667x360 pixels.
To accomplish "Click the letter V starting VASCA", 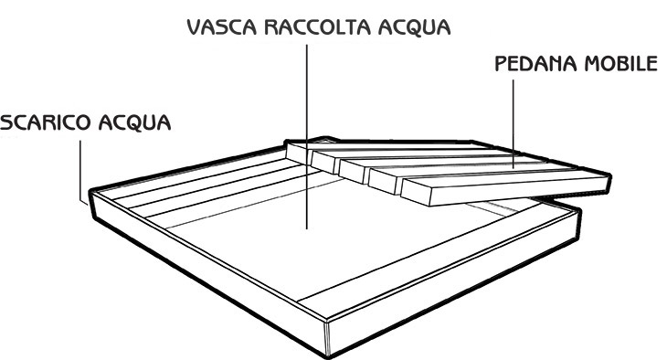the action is click(x=193, y=26).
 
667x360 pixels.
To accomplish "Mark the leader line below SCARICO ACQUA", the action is click(x=83, y=164).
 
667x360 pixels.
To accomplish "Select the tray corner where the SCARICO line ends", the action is click(x=88, y=196).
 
